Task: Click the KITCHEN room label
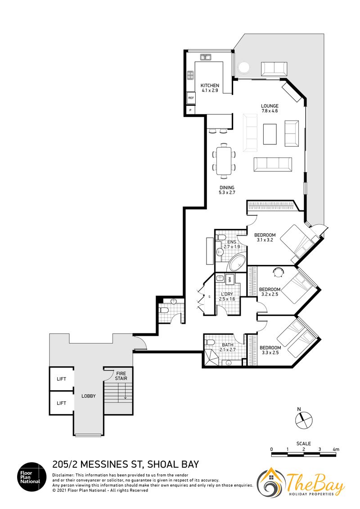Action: point(210,85)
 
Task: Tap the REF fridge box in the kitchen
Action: point(191,98)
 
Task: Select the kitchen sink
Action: point(205,58)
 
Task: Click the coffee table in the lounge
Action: point(270,134)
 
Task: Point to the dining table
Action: point(224,161)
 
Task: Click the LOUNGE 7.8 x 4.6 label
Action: point(270,108)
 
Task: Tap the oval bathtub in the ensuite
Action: point(238,263)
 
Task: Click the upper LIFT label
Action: point(61,379)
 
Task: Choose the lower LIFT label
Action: point(61,403)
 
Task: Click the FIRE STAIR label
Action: point(121,376)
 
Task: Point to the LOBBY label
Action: point(88,396)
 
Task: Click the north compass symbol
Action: point(303,420)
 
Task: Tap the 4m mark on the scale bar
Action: point(336,450)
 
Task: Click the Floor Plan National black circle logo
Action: point(30,477)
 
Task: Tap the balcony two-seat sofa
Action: point(274,69)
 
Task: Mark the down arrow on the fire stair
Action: point(125,393)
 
